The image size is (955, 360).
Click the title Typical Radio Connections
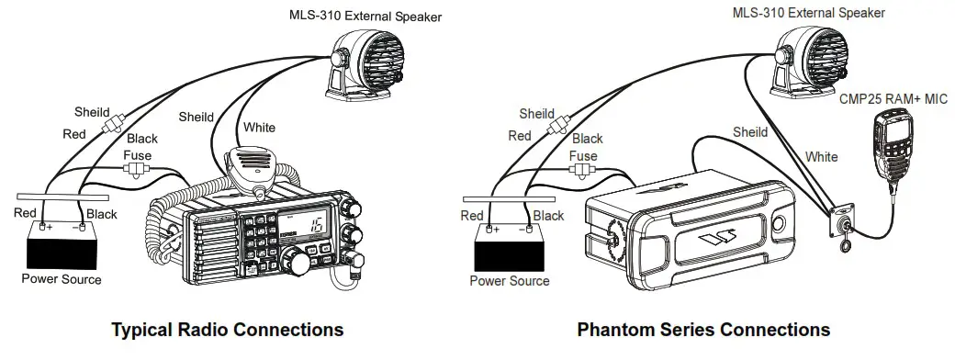coord(227,329)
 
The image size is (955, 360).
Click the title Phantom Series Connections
coord(703,329)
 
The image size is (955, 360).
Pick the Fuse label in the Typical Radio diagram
coord(138,156)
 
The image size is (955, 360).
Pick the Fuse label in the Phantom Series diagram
coord(583,156)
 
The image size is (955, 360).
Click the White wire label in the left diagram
coord(258,127)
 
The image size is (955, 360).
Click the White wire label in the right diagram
coord(821,157)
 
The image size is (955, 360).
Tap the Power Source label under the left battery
coord(62,279)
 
